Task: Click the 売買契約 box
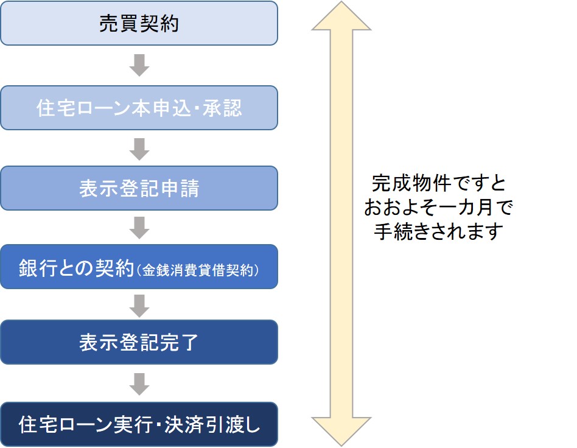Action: [139, 23]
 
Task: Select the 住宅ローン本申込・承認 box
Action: [139, 108]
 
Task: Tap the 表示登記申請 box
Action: [139, 188]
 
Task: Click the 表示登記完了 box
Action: [139, 342]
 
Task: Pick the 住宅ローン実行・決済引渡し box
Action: [139, 424]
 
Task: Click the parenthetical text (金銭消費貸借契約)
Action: [198, 270]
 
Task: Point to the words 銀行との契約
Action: [77, 268]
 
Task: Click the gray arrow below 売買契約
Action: [139, 65]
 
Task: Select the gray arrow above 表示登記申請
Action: [139, 149]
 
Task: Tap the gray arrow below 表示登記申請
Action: [139, 228]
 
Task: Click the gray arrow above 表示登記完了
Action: [139, 306]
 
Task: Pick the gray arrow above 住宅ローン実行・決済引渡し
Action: [139, 384]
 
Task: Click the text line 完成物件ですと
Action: [439, 183]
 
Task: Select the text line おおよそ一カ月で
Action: [438, 207]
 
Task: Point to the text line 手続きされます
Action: [438, 231]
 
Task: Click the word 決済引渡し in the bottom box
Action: [212, 424]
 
